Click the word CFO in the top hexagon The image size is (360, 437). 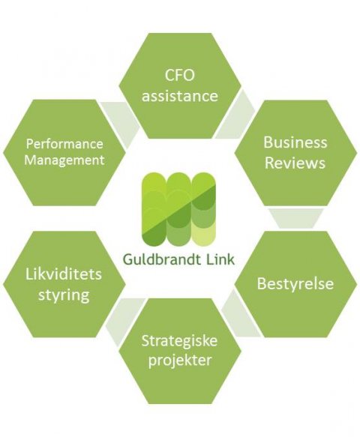click(x=179, y=75)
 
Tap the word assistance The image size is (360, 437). click(x=180, y=96)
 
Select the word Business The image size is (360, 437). click(x=295, y=142)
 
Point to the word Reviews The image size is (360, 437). click(x=295, y=163)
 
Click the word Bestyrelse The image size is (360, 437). click(x=295, y=283)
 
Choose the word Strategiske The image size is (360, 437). click(x=179, y=340)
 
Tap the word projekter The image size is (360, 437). click(x=180, y=360)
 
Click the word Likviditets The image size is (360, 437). click(x=64, y=274)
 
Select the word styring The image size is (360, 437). click(x=64, y=295)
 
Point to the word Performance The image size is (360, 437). click(x=64, y=144)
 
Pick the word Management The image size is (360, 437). click(x=64, y=160)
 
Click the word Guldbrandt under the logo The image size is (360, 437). click(x=162, y=259)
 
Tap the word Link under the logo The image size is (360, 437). click(x=220, y=259)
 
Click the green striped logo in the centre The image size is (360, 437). click(x=178, y=209)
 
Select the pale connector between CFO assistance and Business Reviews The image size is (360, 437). click(x=236, y=115)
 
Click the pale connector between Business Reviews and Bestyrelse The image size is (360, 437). click(x=295, y=218)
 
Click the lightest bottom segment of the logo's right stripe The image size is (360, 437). click(x=203, y=236)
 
